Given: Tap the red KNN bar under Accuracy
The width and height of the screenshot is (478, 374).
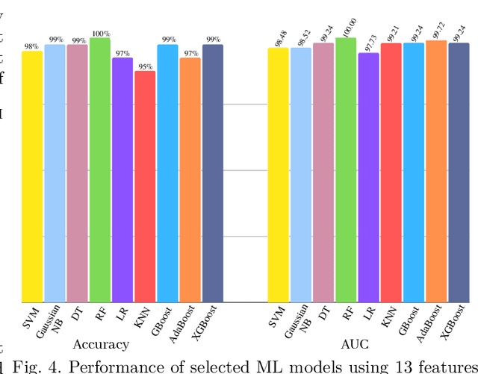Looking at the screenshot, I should (x=145, y=187).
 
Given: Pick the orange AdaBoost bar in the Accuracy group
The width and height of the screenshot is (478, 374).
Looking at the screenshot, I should (x=190, y=180).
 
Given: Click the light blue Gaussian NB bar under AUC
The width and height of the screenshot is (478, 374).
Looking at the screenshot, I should (x=301, y=175).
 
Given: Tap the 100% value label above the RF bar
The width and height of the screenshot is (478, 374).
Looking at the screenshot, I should (x=101, y=34).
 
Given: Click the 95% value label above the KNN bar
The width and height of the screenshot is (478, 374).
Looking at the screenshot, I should (x=145, y=66).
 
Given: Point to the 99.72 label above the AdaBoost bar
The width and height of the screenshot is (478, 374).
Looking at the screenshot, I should (x=437, y=30).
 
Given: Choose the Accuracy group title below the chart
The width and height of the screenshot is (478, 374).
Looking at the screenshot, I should (x=101, y=344).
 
